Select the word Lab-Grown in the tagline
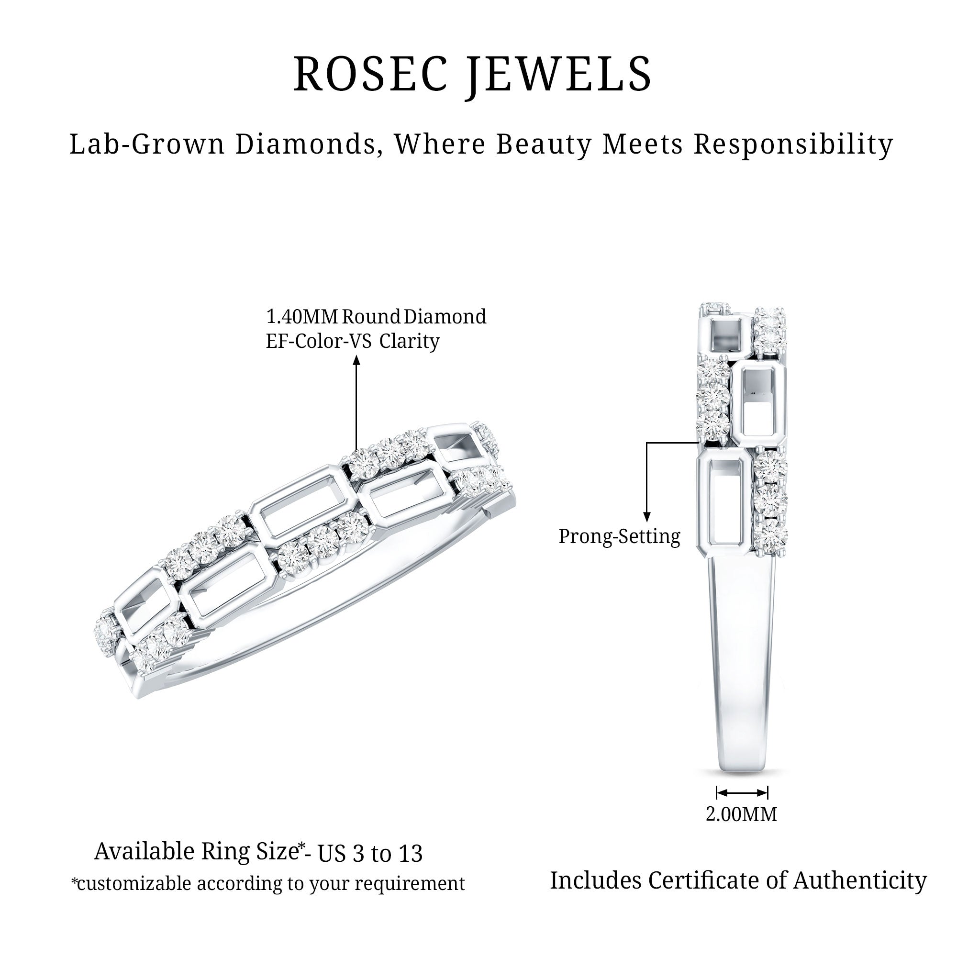[x=147, y=144]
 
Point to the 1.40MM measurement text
[x=302, y=316]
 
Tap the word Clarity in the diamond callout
[x=410, y=342]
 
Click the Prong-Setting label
[x=620, y=537]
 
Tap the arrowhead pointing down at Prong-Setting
[x=646, y=517]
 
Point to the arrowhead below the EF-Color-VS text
[x=356, y=359]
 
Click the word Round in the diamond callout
[x=371, y=316]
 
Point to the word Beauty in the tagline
[x=544, y=145]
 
